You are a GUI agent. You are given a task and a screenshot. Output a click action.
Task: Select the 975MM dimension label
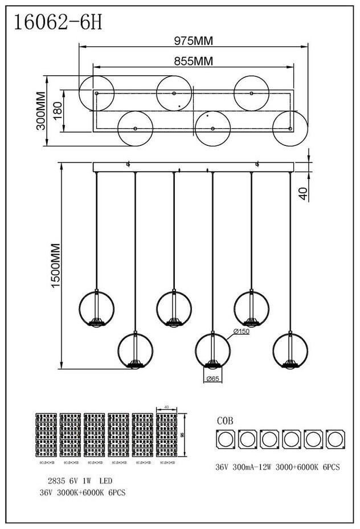click(193, 41)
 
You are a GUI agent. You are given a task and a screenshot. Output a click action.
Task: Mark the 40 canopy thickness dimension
click(302, 194)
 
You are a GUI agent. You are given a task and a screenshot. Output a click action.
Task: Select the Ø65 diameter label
click(212, 379)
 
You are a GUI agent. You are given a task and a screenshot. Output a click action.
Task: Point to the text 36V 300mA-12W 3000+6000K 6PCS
click(277, 467)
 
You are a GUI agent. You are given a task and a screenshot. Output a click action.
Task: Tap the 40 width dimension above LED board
click(166, 407)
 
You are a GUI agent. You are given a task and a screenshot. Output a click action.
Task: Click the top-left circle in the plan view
click(96, 93)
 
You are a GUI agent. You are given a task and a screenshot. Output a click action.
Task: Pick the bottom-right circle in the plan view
click(290, 129)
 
